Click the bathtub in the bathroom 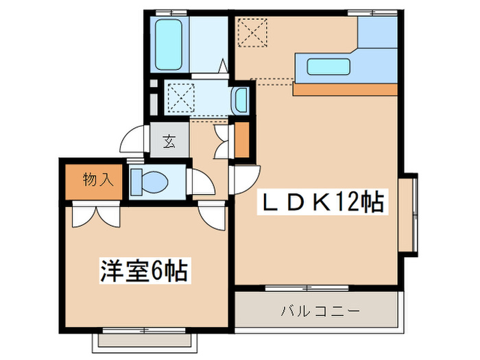pos(168,45)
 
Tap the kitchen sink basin pos(324,67)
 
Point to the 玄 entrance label pos(169,143)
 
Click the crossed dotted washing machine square pos(181,97)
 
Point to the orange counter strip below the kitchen pos(345,89)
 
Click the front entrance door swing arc pos(132,141)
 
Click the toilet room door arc pos(202,182)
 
